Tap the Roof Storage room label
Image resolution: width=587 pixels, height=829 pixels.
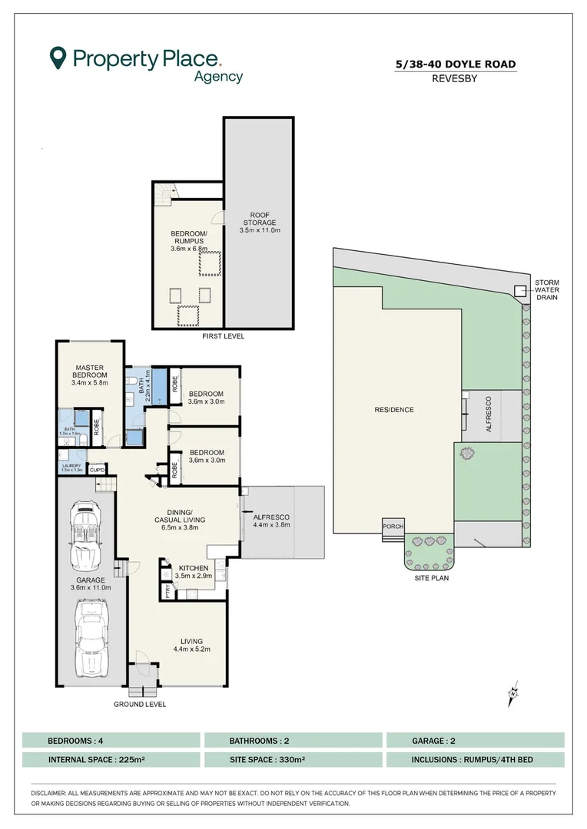click(x=260, y=222)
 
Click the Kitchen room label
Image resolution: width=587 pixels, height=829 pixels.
click(x=193, y=572)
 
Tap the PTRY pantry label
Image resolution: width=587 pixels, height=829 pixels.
click(x=167, y=591)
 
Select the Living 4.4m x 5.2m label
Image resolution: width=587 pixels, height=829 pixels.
click(x=191, y=645)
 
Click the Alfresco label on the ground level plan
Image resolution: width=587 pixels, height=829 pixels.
click(x=271, y=521)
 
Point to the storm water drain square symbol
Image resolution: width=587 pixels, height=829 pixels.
click(x=519, y=291)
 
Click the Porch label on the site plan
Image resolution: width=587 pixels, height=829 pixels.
click(x=392, y=527)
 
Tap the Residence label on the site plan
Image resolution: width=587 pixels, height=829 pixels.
click(x=395, y=410)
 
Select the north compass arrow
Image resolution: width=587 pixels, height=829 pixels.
click(x=512, y=696)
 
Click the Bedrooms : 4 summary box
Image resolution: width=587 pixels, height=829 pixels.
click(x=111, y=741)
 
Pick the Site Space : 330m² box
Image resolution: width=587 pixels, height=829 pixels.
click(x=293, y=760)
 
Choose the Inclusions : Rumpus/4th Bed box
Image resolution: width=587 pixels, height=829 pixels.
click(x=475, y=760)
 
